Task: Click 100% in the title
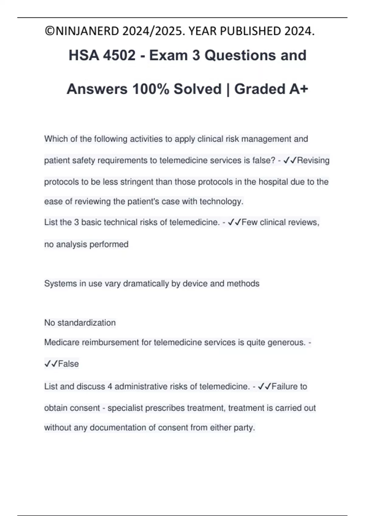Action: pos(151,89)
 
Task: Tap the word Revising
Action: pos(313,160)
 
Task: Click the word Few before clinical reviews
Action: pos(249,222)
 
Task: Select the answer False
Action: pos(68,364)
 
